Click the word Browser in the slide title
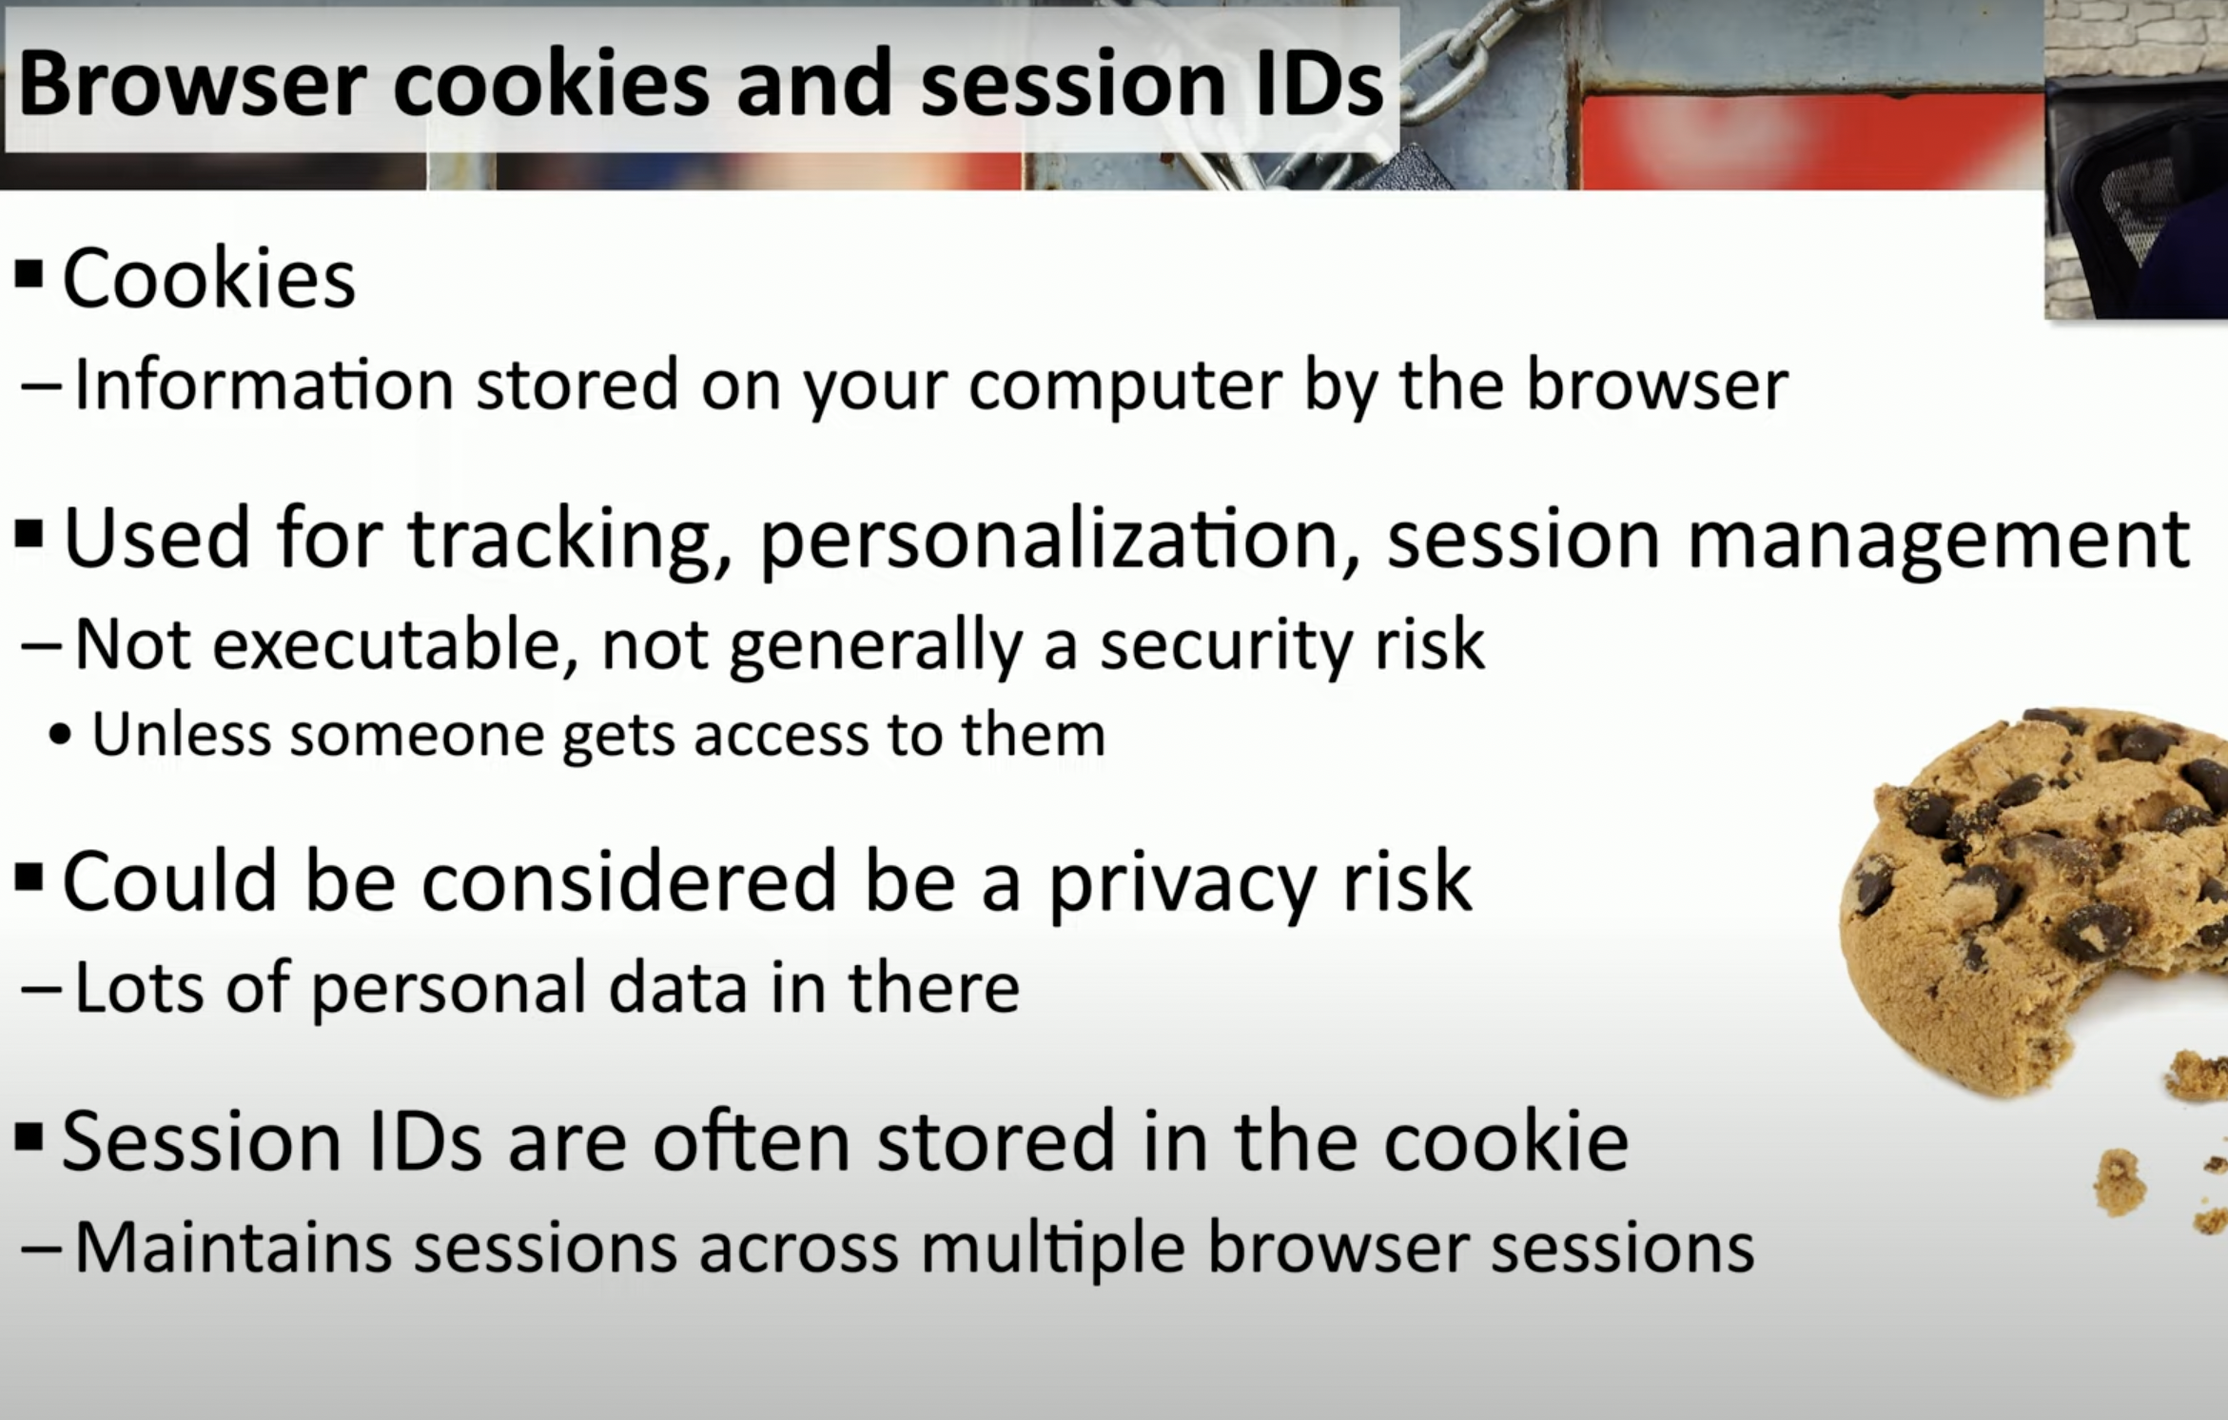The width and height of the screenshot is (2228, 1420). click(192, 84)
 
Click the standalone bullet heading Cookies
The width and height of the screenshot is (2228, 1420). click(209, 278)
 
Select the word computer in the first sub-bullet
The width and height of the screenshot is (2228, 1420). click(1124, 386)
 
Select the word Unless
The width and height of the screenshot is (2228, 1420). click(181, 734)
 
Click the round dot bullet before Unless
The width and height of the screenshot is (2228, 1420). click(60, 736)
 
